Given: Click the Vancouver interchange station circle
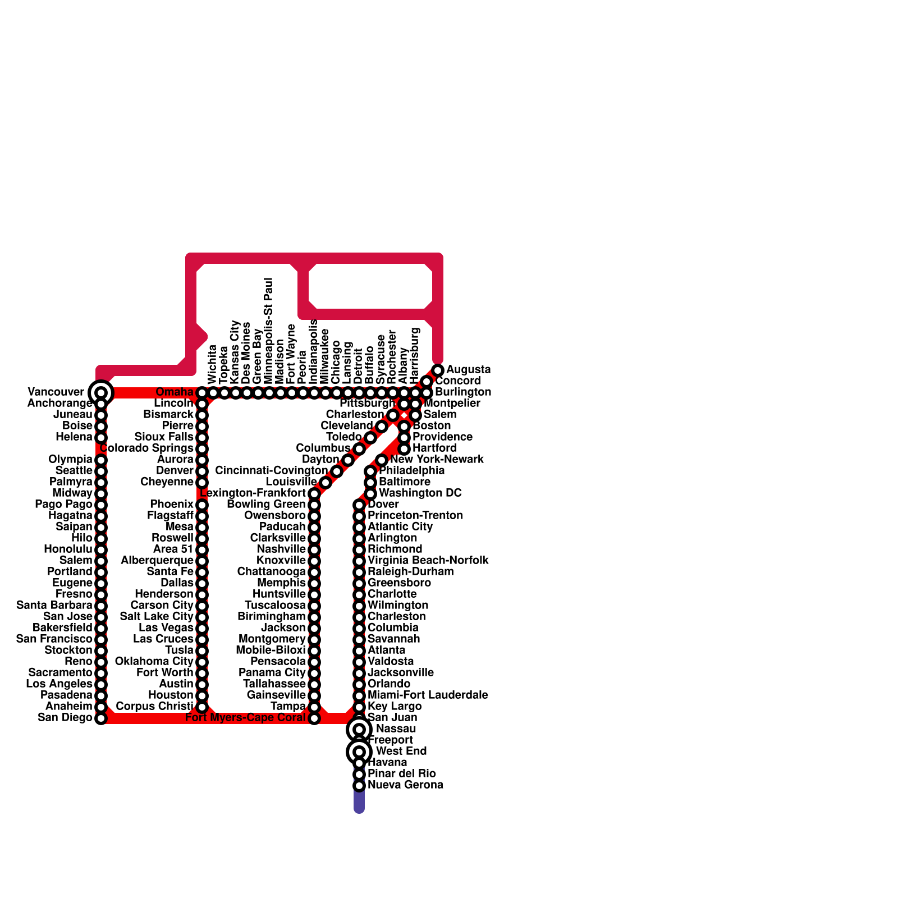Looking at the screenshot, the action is (101, 392).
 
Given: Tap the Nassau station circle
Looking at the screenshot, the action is (359, 729).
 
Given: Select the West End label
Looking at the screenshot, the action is (401, 751).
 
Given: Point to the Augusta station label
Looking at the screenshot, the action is (469, 369).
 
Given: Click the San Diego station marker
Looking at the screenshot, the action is (101, 718).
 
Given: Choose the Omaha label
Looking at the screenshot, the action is (175, 392).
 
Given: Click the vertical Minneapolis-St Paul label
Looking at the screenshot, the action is (269, 331).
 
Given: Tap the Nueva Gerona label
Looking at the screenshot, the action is (405, 785).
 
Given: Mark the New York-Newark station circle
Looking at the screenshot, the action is (382, 460).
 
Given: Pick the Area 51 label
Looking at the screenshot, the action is (173, 549).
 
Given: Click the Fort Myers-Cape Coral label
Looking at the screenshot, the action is (245, 717).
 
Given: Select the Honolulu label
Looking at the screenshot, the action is (68, 549).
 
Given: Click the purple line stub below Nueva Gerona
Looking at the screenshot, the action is (359, 801).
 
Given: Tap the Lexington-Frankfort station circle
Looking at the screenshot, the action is (314, 493).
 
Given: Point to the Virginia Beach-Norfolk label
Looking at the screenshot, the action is (428, 560).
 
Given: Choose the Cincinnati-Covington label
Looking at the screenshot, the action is (271, 470).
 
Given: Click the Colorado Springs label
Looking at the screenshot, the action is (147, 448).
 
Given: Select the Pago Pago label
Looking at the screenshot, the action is (63, 504).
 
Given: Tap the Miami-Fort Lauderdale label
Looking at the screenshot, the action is (428, 695).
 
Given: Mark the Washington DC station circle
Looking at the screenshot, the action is (370, 493).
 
